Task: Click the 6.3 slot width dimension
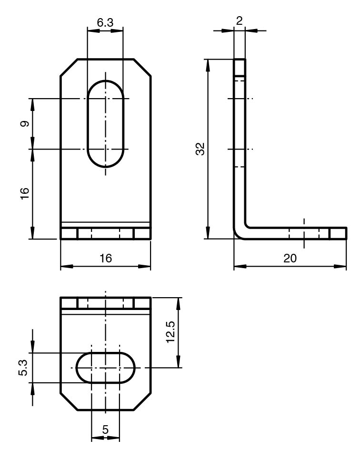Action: point(105,22)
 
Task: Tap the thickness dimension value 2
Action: point(239,20)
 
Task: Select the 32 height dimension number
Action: point(200,149)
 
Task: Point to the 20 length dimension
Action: point(290,258)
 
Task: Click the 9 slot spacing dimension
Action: point(25,124)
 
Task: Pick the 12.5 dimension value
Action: point(170,332)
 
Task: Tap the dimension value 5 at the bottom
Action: point(105,430)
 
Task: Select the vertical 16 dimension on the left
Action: point(25,193)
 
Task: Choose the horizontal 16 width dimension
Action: point(105,258)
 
